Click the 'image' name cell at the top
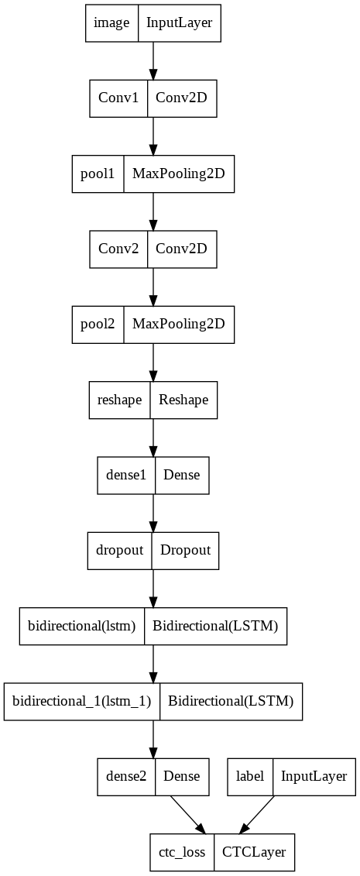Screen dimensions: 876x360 tap(111, 22)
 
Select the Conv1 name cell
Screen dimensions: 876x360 tap(118, 98)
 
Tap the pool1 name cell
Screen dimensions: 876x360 tap(98, 173)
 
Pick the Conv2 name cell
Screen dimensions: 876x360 tap(118, 249)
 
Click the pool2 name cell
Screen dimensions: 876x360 tap(98, 324)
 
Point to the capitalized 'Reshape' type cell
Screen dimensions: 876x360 tap(183, 400)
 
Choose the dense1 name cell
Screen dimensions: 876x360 tap(125, 475)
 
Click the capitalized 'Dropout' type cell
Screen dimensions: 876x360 tap(185, 550)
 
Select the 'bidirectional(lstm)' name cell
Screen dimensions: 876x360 tap(82, 625)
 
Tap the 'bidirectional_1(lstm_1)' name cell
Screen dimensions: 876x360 tap(82, 701)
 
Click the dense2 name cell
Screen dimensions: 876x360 tap(125, 776)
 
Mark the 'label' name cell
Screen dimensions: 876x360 tap(249, 776)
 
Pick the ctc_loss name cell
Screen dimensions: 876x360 tap(181, 852)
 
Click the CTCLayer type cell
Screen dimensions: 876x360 tap(254, 852)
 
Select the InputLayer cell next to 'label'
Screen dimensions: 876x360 tap(314, 776)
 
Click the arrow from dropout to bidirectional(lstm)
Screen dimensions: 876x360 tap(153, 588)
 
